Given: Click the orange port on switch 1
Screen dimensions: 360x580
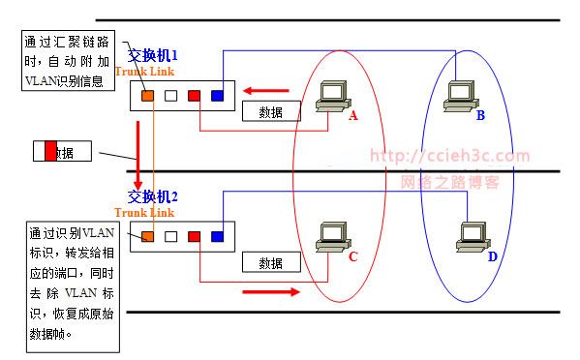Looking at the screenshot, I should point(147,95).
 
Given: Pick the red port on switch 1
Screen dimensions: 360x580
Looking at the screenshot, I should point(194,95).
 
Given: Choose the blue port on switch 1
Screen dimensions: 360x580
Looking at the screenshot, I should point(217,95).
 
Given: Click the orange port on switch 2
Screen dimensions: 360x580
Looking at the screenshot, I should point(147,235).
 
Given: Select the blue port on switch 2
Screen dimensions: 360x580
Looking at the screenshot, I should point(217,235).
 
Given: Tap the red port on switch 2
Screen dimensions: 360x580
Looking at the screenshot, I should point(194,235).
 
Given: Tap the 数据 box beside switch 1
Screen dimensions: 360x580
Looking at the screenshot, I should point(270,111).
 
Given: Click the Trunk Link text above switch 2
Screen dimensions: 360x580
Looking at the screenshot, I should point(143,212).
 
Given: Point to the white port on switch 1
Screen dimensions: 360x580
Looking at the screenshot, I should point(170,95).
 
